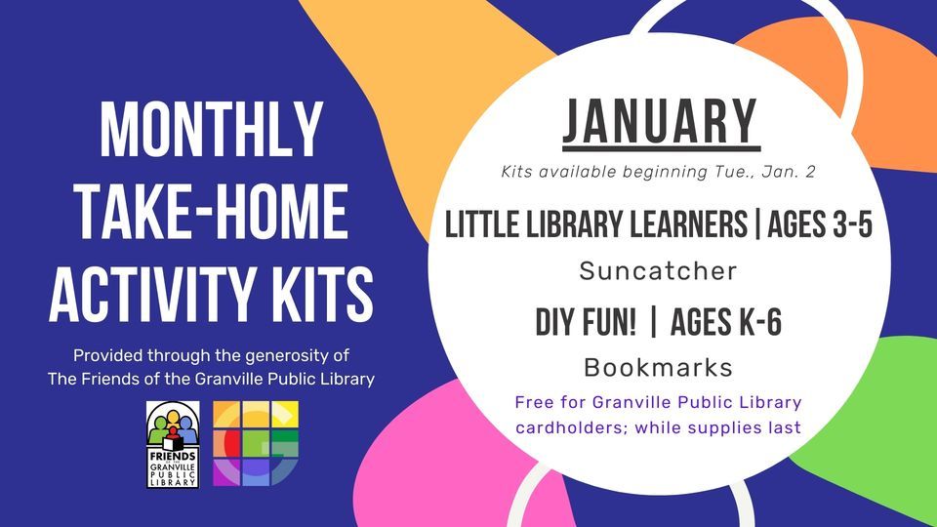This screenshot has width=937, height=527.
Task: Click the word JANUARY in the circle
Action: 660,122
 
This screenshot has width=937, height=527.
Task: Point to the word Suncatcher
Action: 658,270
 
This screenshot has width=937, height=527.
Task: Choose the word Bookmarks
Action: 658,367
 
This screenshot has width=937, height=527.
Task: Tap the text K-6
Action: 752,322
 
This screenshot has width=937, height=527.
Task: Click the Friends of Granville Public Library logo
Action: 173,445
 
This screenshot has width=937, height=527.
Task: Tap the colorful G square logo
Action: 256,445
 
